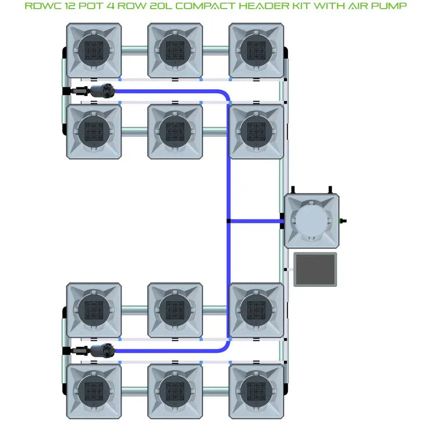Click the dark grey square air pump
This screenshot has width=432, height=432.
click(315, 269)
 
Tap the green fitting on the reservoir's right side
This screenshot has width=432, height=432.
click(343, 221)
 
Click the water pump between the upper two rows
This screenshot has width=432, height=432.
click(101, 91)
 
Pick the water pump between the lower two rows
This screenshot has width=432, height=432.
click(101, 351)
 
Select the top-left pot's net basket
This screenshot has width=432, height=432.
click(94, 50)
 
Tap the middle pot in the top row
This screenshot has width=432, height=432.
click(175, 50)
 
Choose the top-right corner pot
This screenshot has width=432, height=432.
click(256, 50)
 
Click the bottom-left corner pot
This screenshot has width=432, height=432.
click(94, 391)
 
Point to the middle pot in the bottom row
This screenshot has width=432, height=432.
click(175, 391)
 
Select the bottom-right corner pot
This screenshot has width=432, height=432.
click(256, 391)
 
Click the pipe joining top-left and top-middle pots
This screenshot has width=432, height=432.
click(134, 50)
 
